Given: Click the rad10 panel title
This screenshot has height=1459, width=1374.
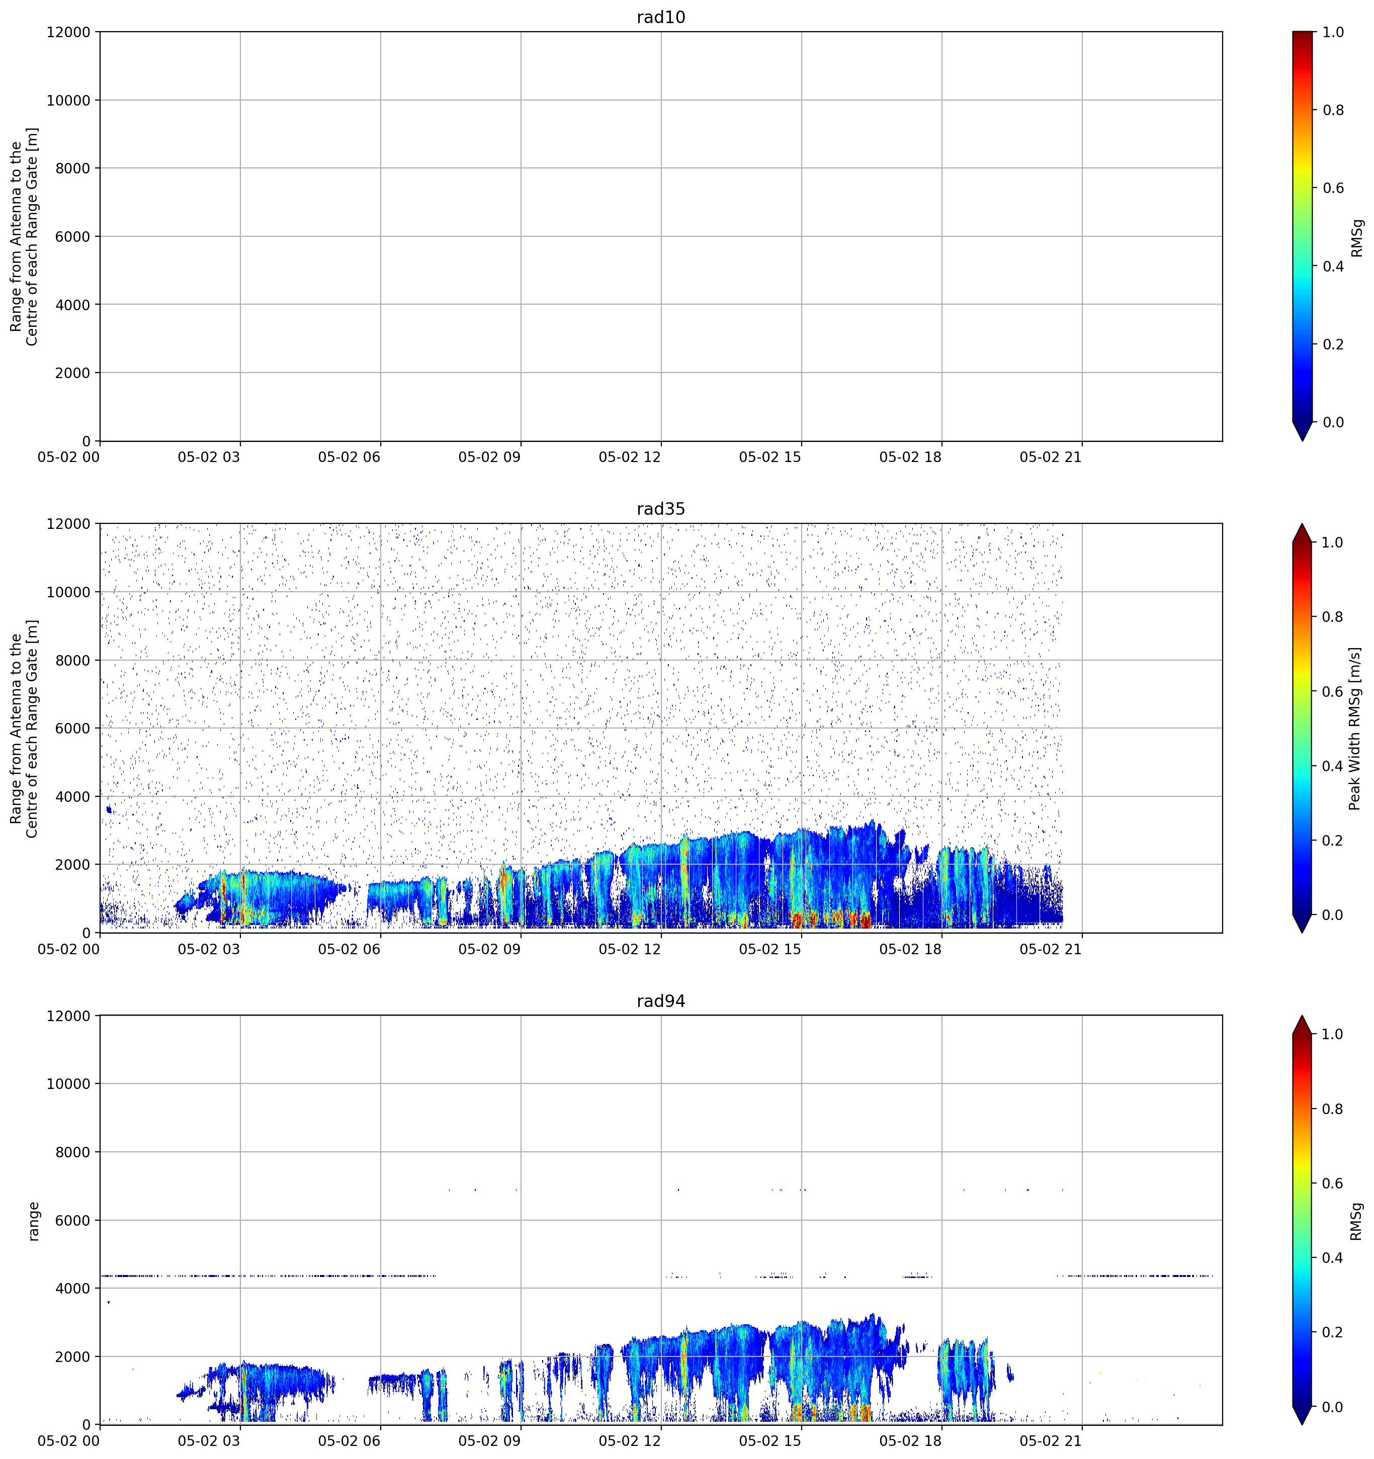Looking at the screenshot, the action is click(x=660, y=17).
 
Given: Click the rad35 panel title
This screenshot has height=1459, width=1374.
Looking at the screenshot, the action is click(x=660, y=509).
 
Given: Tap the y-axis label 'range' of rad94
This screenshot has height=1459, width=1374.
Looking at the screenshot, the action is click(x=33, y=1221).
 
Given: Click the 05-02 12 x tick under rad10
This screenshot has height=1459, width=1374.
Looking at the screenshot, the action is click(x=629, y=457).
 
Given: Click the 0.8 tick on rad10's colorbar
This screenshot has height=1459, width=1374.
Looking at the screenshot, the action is click(x=1333, y=110).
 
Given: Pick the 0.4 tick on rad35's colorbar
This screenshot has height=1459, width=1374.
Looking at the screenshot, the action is click(x=1333, y=766).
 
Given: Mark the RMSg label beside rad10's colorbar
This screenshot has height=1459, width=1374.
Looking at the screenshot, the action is click(x=1356, y=238).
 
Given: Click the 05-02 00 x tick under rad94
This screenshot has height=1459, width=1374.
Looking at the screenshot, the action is click(x=68, y=1441).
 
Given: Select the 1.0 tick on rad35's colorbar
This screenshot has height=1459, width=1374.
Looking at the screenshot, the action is click(x=1333, y=542).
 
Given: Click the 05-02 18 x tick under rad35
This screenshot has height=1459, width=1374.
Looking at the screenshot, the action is click(x=910, y=949).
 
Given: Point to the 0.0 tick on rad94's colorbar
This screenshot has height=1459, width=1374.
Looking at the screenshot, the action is click(x=1333, y=1407).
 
